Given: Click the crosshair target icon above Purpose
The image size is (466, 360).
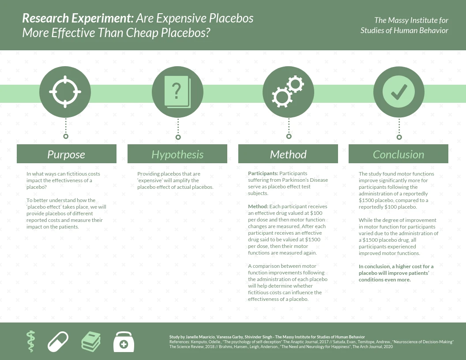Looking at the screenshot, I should coord(65,92).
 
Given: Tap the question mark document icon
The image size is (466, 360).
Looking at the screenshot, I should coord(177,92).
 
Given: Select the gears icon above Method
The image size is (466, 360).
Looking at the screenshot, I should coord(288,92).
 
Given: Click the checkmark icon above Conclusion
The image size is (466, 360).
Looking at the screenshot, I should coord(399,92).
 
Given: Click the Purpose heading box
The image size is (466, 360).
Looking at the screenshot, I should coord(67,154).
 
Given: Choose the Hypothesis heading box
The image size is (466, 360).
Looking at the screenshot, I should coord(177,154).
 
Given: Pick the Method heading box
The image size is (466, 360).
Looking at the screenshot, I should coord(288,154).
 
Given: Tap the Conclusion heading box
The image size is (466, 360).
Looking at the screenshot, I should coord(398,154).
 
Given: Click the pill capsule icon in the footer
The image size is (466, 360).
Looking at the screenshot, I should coord(58,342).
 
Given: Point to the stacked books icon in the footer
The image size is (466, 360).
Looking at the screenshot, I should coord(91,341).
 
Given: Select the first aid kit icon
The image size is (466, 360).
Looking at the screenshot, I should coord(124,342).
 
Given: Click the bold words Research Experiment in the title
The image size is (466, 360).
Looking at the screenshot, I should coord(77,19).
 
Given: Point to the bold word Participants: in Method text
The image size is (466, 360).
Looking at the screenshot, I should coord(263,174).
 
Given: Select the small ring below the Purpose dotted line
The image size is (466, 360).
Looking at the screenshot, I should coord(66,136).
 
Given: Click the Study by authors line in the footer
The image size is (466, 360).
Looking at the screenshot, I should coord(267,337).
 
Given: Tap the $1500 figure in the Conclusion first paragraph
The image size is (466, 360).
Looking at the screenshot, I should coord(366,200).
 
